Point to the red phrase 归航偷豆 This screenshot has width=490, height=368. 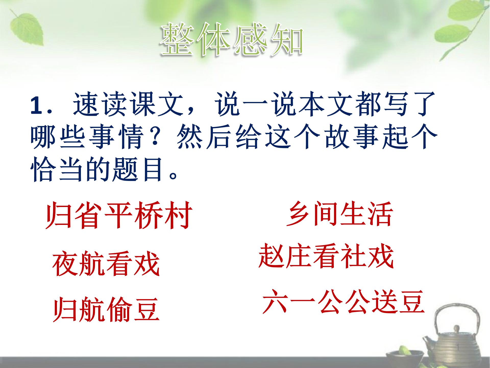pos(106,309)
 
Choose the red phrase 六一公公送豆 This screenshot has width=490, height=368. pos(343,302)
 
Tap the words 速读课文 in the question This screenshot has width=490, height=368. pos(129,105)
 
